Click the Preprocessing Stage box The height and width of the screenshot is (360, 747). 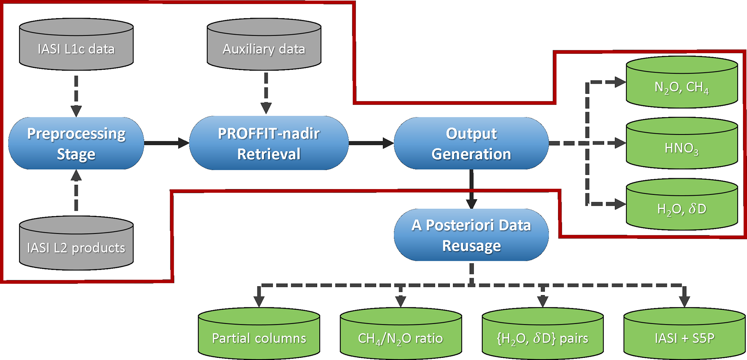click(76, 143)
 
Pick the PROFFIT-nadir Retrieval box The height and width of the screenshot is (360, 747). click(269, 143)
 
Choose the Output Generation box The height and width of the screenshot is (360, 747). click(471, 143)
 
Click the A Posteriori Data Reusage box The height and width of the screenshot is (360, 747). click(471, 235)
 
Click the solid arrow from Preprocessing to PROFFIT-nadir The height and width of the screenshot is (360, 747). click(166, 143)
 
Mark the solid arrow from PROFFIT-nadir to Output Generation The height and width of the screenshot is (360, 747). click(371, 143)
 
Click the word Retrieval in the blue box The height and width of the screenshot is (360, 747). click(269, 154)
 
